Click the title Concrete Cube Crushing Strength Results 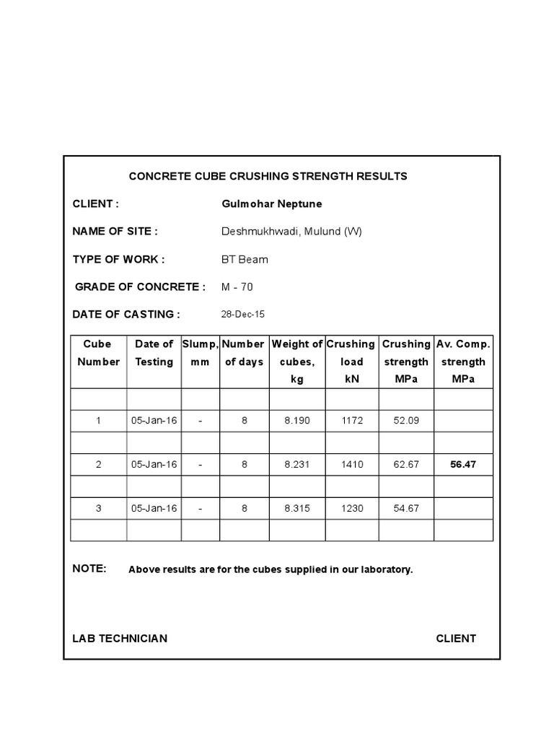click(x=268, y=176)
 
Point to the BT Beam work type click(x=245, y=259)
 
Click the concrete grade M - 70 click(x=237, y=287)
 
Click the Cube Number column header click(x=99, y=353)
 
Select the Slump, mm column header click(x=200, y=353)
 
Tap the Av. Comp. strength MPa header click(x=463, y=362)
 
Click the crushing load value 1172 click(x=352, y=420)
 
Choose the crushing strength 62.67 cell click(x=406, y=464)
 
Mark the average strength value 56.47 click(x=463, y=464)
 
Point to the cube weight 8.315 click(x=297, y=508)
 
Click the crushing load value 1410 click(x=352, y=464)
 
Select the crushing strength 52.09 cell click(x=406, y=420)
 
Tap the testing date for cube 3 click(x=154, y=508)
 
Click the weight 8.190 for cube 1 click(x=297, y=420)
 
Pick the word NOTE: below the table click(x=89, y=569)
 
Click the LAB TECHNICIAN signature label click(x=120, y=638)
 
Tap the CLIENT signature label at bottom click(x=456, y=638)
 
